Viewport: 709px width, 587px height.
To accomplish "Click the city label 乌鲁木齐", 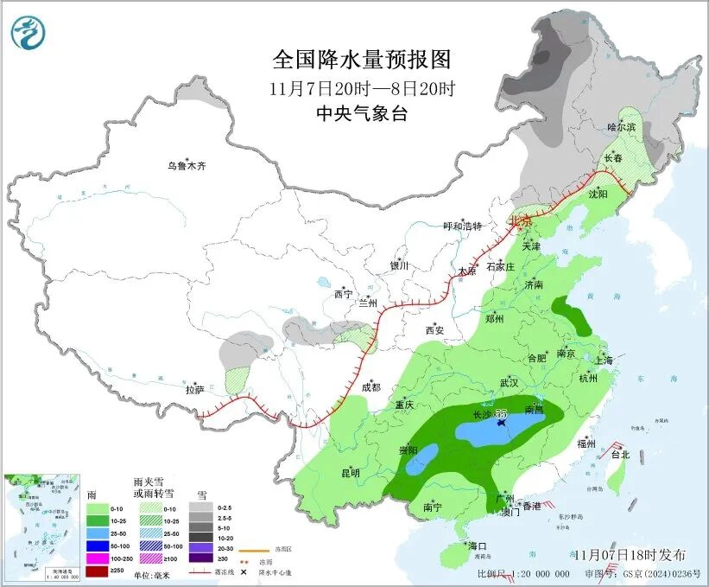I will click(187, 165).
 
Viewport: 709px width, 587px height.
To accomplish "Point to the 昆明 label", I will click(350, 473).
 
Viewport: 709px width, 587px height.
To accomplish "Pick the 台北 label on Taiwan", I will click(620, 454).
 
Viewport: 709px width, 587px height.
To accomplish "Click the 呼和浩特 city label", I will click(462, 227).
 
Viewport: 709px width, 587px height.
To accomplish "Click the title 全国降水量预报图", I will click(362, 59).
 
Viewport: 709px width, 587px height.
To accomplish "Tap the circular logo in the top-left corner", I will click(28, 33).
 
